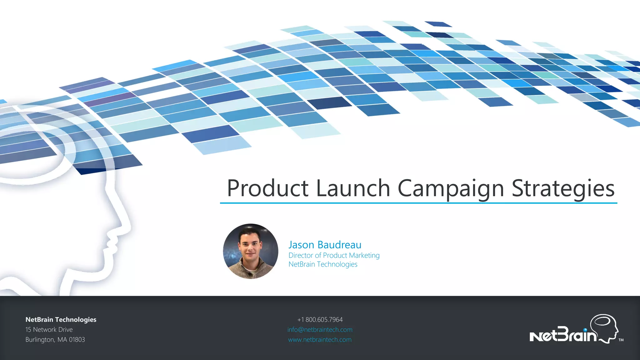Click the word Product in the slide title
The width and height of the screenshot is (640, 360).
tap(267, 188)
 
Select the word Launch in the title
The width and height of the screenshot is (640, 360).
tap(353, 188)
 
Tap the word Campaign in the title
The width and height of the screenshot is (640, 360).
tap(451, 189)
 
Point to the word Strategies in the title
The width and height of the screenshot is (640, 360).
tap(563, 189)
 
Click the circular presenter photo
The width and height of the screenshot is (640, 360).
tap(251, 251)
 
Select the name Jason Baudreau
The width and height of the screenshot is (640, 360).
tap(325, 245)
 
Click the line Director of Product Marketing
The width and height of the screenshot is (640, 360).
tap(334, 255)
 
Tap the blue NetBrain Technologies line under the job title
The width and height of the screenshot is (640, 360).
tap(323, 264)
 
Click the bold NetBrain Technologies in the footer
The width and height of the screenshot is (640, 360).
tap(61, 319)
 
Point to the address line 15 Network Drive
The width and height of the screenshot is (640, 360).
tap(49, 329)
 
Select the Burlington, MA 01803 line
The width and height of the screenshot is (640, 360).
tap(55, 339)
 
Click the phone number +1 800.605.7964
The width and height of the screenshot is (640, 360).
tap(320, 319)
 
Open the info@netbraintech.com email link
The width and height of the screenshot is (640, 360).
tap(320, 329)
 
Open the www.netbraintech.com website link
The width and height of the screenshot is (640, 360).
tap(320, 339)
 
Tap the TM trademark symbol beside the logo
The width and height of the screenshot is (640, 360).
tap(621, 340)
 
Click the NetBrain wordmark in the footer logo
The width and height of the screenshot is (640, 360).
tap(562, 336)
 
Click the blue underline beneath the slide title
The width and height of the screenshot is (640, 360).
tap(418, 203)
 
